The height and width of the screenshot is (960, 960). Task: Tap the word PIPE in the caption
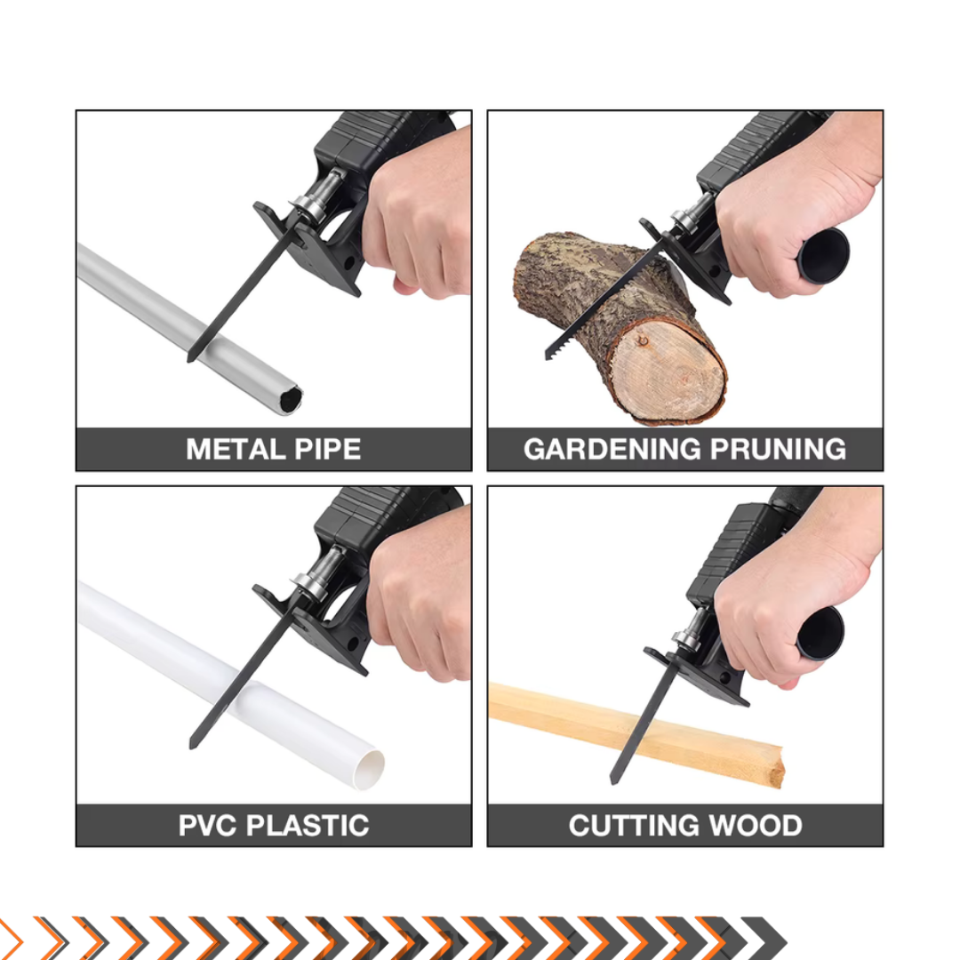click(x=327, y=449)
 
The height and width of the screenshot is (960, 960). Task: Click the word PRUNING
click(x=778, y=449)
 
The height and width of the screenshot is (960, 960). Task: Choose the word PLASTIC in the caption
click(x=308, y=825)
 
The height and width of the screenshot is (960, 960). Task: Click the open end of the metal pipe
click(x=290, y=399)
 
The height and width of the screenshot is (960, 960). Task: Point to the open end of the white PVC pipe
click(x=369, y=769)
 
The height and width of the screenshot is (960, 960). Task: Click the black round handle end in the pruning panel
click(x=823, y=256)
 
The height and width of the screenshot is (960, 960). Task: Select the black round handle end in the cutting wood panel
click(x=820, y=633)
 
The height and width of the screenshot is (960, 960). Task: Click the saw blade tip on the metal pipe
click(x=190, y=359)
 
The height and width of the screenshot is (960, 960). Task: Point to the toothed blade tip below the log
click(x=548, y=355)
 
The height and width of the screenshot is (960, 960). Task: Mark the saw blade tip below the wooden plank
click(x=614, y=780)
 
